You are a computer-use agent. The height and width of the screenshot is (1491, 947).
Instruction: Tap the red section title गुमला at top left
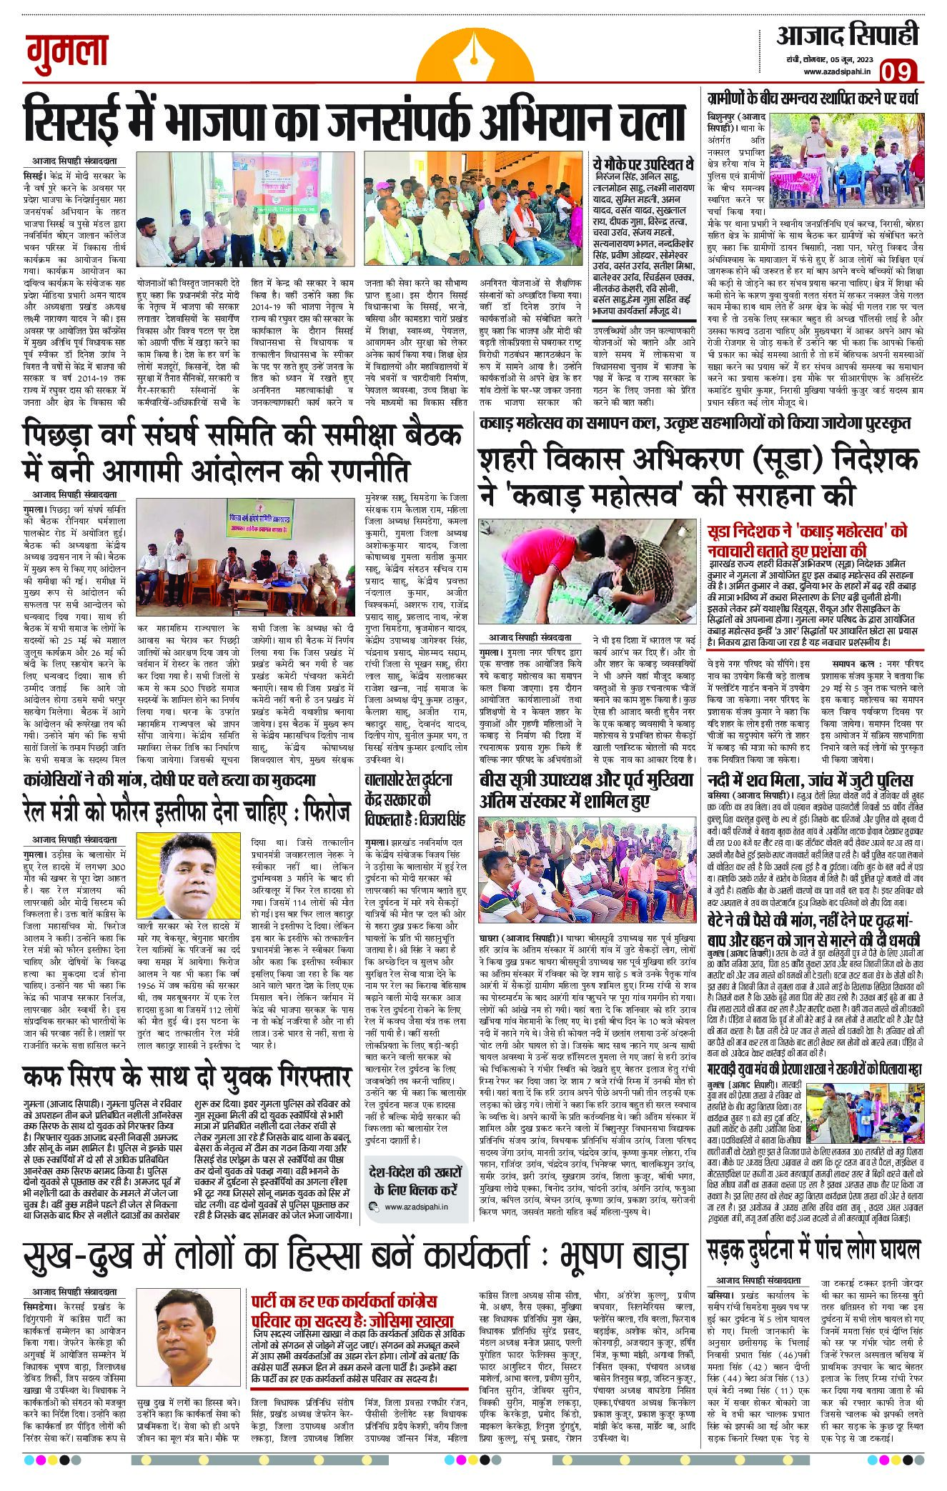(x=67, y=52)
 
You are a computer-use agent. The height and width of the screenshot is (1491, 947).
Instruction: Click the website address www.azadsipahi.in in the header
(x=837, y=71)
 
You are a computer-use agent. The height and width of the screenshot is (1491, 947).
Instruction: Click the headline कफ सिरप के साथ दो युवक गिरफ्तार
(x=187, y=1076)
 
